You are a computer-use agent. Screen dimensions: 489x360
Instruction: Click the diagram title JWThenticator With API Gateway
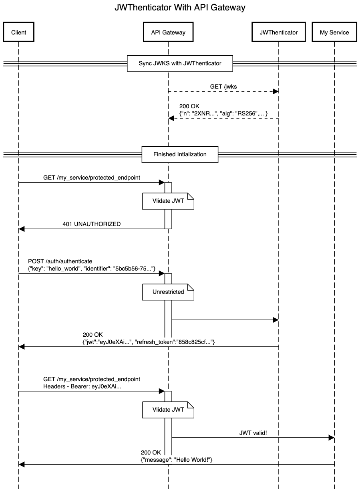tap(180, 7)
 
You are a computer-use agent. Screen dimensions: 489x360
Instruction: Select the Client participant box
tap(18, 32)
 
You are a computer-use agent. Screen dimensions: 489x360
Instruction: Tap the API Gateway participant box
tap(168, 32)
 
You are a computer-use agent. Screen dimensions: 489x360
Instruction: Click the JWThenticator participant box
tap(278, 32)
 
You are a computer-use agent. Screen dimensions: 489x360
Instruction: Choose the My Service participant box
tap(334, 32)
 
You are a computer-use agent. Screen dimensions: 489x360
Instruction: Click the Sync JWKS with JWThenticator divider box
tap(180, 63)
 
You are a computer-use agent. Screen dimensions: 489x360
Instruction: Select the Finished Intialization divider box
tap(180, 154)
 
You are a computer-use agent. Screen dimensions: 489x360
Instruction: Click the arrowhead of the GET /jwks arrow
tap(276, 92)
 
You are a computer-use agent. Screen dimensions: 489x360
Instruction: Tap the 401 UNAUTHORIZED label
tap(91, 224)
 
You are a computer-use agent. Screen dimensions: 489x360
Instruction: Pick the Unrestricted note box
tap(168, 292)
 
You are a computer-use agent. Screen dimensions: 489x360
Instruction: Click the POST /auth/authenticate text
tap(60, 261)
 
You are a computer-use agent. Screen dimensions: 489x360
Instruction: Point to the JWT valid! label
tap(253, 433)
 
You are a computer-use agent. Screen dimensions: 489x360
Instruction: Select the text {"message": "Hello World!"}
tap(176, 460)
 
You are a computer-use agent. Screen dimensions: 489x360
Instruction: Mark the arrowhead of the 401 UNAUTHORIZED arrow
tap(22, 229)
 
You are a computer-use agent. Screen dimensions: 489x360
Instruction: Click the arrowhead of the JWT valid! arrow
tap(331, 438)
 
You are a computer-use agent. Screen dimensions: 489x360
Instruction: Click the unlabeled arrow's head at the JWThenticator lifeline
tap(276, 320)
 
